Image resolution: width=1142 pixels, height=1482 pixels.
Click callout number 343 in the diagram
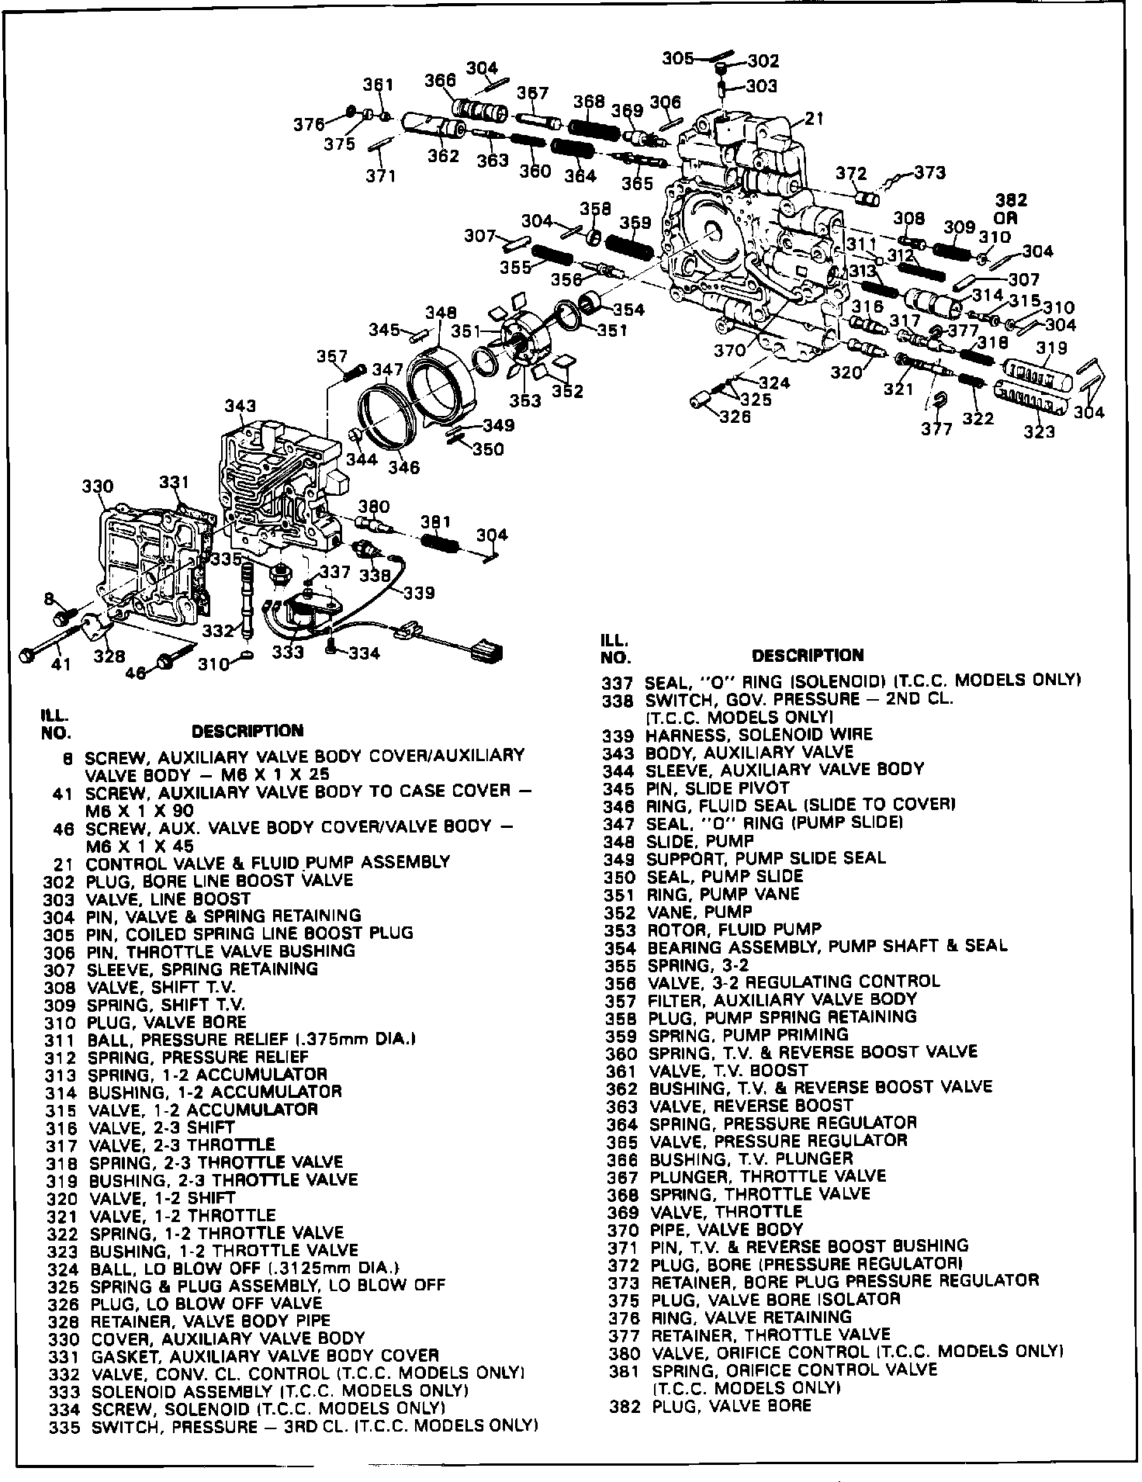pyautogui.click(x=240, y=407)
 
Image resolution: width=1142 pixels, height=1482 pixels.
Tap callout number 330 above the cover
pyautogui.click(x=98, y=486)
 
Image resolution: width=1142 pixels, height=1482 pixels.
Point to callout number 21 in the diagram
pyautogui.click(x=814, y=119)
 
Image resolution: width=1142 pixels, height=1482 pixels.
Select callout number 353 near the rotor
pyautogui.click(x=525, y=401)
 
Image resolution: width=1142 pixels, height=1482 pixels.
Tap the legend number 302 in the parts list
pyautogui.click(x=61, y=881)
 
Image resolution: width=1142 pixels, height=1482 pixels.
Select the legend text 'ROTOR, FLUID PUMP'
pyautogui.click(x=733, y=929)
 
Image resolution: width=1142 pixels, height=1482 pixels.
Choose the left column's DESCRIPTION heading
pyautogui.click(x=247, y=731)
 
